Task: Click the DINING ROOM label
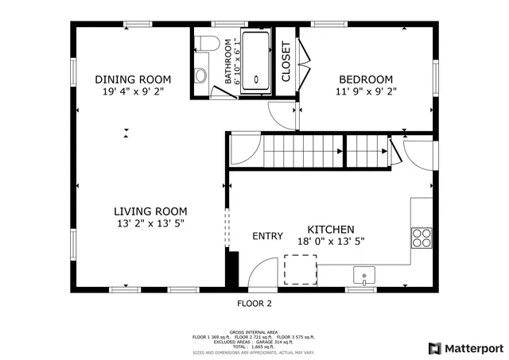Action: [134, 79]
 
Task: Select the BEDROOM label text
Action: [366, 79]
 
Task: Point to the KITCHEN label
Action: [325, 228]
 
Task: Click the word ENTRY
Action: [267, 236]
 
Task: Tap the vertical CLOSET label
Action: [286, 61]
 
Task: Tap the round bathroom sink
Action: [200, 76]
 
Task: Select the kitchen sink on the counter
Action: [364, 276]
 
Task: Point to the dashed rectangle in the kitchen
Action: [301, 269]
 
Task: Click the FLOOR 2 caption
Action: [254, 304]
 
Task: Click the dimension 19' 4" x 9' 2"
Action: [134, 91]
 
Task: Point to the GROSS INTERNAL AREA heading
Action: [254, 331]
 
